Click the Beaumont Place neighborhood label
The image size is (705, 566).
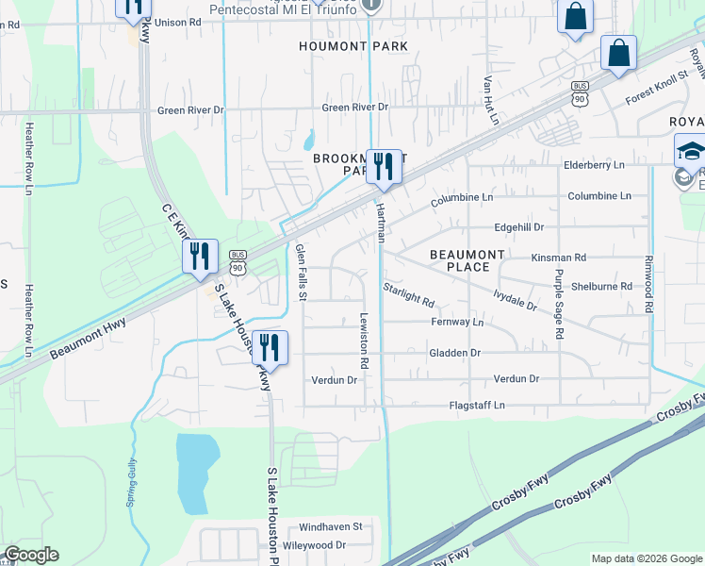pyautogui.click(x=467, y=261)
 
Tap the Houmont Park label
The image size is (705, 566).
pyautogui.click(x=353, y=46)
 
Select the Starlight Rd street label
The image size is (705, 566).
pyautogui.click(x=408, y=295)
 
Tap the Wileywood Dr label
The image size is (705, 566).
pyautogui.click(x=315, y=545)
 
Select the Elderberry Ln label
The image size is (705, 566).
pyautogui.click(x=594, y=165)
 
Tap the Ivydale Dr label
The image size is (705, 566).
pyautogui.click(x=515, y=301)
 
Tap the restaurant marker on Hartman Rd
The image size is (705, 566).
pyautogui.click(x=384, y=167)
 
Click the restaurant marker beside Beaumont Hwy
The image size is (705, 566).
pyautogui.click(x=200, y=256)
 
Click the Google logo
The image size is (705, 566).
pyautogui.click(x=31, y=555)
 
